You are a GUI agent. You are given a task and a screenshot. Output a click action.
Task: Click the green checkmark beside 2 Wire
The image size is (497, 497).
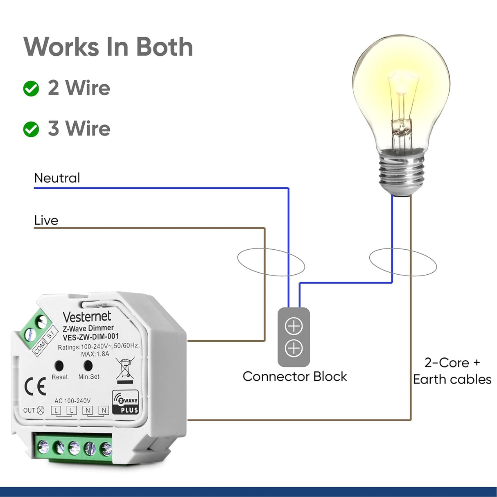click(31, 88)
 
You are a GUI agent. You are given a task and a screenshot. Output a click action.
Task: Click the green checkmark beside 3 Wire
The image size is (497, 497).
click(31, 129)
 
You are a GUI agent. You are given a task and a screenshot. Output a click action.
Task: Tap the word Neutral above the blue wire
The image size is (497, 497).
click(57, 178)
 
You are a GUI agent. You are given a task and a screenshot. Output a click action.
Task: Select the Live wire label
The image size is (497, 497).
click(46, 220)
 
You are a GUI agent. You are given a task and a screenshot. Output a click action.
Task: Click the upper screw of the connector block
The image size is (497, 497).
click(294, 326)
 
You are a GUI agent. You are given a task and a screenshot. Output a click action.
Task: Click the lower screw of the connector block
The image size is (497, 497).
click(294, 348)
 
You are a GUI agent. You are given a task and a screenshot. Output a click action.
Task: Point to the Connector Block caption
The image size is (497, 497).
click(294, 377)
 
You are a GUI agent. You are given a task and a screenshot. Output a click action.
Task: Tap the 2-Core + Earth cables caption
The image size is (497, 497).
click(452, 371)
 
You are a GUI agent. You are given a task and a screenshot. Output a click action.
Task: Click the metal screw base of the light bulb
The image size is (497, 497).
click(401, 172)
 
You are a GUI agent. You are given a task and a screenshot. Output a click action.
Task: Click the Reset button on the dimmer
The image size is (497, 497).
click(59, 365)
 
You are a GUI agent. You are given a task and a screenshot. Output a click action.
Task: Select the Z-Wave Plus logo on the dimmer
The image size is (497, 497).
click(125, 403)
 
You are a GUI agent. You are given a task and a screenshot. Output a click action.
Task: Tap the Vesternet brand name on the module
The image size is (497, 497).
click(87, 316)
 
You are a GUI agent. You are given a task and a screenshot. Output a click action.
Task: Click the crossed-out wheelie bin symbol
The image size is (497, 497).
click(125, 368)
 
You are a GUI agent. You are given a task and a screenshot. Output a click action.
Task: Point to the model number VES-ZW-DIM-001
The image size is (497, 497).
click(91, 337)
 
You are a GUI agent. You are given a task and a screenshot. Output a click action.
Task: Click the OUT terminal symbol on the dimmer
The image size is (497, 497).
click(40, 410)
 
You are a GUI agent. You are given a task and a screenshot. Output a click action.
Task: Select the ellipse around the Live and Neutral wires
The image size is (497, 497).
click(271, 262)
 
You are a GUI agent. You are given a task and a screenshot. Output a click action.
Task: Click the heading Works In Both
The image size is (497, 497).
click(108, 47)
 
